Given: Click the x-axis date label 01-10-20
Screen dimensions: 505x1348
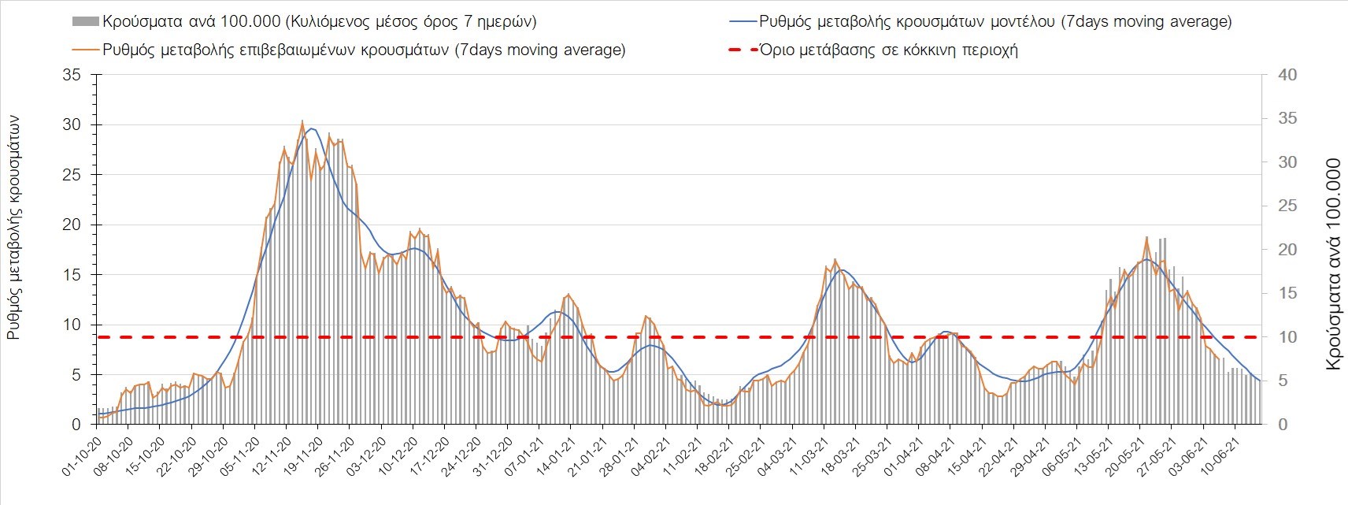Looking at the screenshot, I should (83, 452).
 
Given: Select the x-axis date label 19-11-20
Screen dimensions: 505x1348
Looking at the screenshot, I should (304, 452).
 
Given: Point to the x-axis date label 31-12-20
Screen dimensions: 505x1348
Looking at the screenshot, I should (494, 452).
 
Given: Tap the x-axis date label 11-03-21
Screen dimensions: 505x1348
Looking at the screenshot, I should (809, 452).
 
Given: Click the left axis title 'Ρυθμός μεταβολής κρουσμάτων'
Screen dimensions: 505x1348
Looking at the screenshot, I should (14, 227).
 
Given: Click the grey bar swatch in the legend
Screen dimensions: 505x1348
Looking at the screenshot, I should (84, 21).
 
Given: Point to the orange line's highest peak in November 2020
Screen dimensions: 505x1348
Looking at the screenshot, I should (302, 121).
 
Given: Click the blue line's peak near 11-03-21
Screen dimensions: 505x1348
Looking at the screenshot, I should (842, 270).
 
